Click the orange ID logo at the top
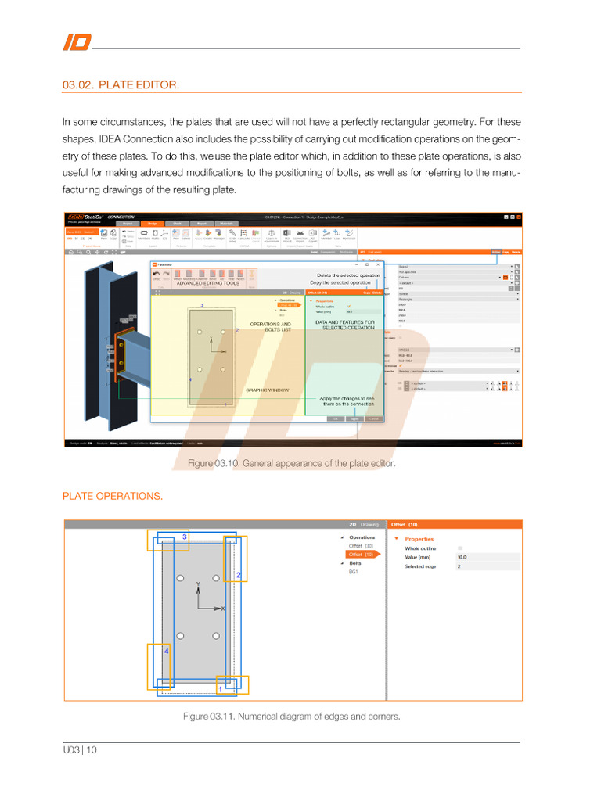(x=76, y=42)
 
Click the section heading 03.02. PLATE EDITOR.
(x=121, y=84)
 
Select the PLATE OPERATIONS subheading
(x=113, y=495)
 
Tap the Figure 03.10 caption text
(x=291, y=463)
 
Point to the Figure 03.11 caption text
(x=291, y=716)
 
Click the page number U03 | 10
(x=80, y=749)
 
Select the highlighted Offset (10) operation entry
(x=361, y=554)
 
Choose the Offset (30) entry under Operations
(x=361, y=545)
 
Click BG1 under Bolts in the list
(x=354, y=572)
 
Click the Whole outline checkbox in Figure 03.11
(x=460, y=548)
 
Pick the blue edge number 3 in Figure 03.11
(x=185, y=537)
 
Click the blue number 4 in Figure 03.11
(x=166, y=650)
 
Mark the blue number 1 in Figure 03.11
(x=220, y=689)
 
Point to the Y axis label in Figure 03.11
(x=197, y=584)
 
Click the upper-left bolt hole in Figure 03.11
(x=181, y=579)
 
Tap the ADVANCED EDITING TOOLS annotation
(x=207, y=283)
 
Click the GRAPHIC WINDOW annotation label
(x=267, y=390)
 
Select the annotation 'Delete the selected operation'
(x=349, y=275)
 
